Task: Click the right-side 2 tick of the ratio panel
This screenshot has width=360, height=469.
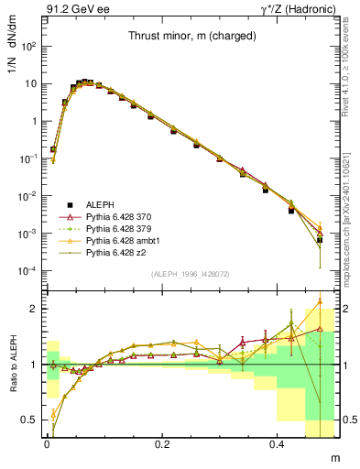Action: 348,309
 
